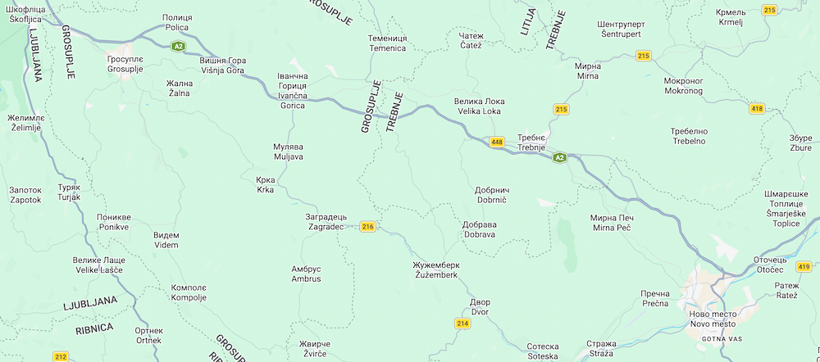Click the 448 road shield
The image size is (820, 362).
[497, 142]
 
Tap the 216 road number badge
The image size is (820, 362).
[367, 227]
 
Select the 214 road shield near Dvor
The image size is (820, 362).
[462, 324]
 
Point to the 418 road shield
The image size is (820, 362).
[757, 108]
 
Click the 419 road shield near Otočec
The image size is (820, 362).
[803, 267]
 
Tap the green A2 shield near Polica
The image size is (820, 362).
[178, 46]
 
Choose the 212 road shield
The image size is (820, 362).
[60, 356]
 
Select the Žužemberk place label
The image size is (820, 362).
[436, 270]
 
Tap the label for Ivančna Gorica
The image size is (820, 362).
[293, 91]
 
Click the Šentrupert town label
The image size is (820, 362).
[626, 29]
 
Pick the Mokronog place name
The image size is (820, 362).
[683, 86]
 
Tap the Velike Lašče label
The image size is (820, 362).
[100, 265]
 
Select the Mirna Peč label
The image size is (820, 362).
[612, 222]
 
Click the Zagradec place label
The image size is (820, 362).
[326, 221]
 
